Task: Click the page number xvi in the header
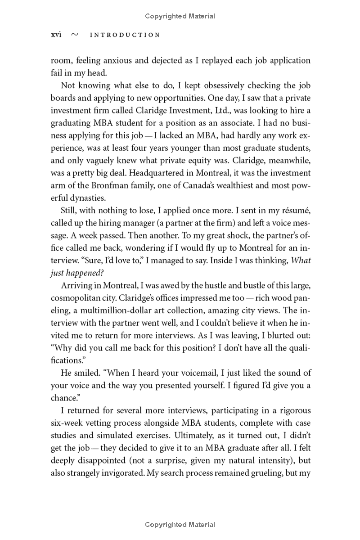pos(56,35)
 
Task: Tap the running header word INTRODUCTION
pos(125,35)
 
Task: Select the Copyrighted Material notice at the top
pos(180,16)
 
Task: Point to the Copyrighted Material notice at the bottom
pos(180,524)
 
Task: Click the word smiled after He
pos(88,373)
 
